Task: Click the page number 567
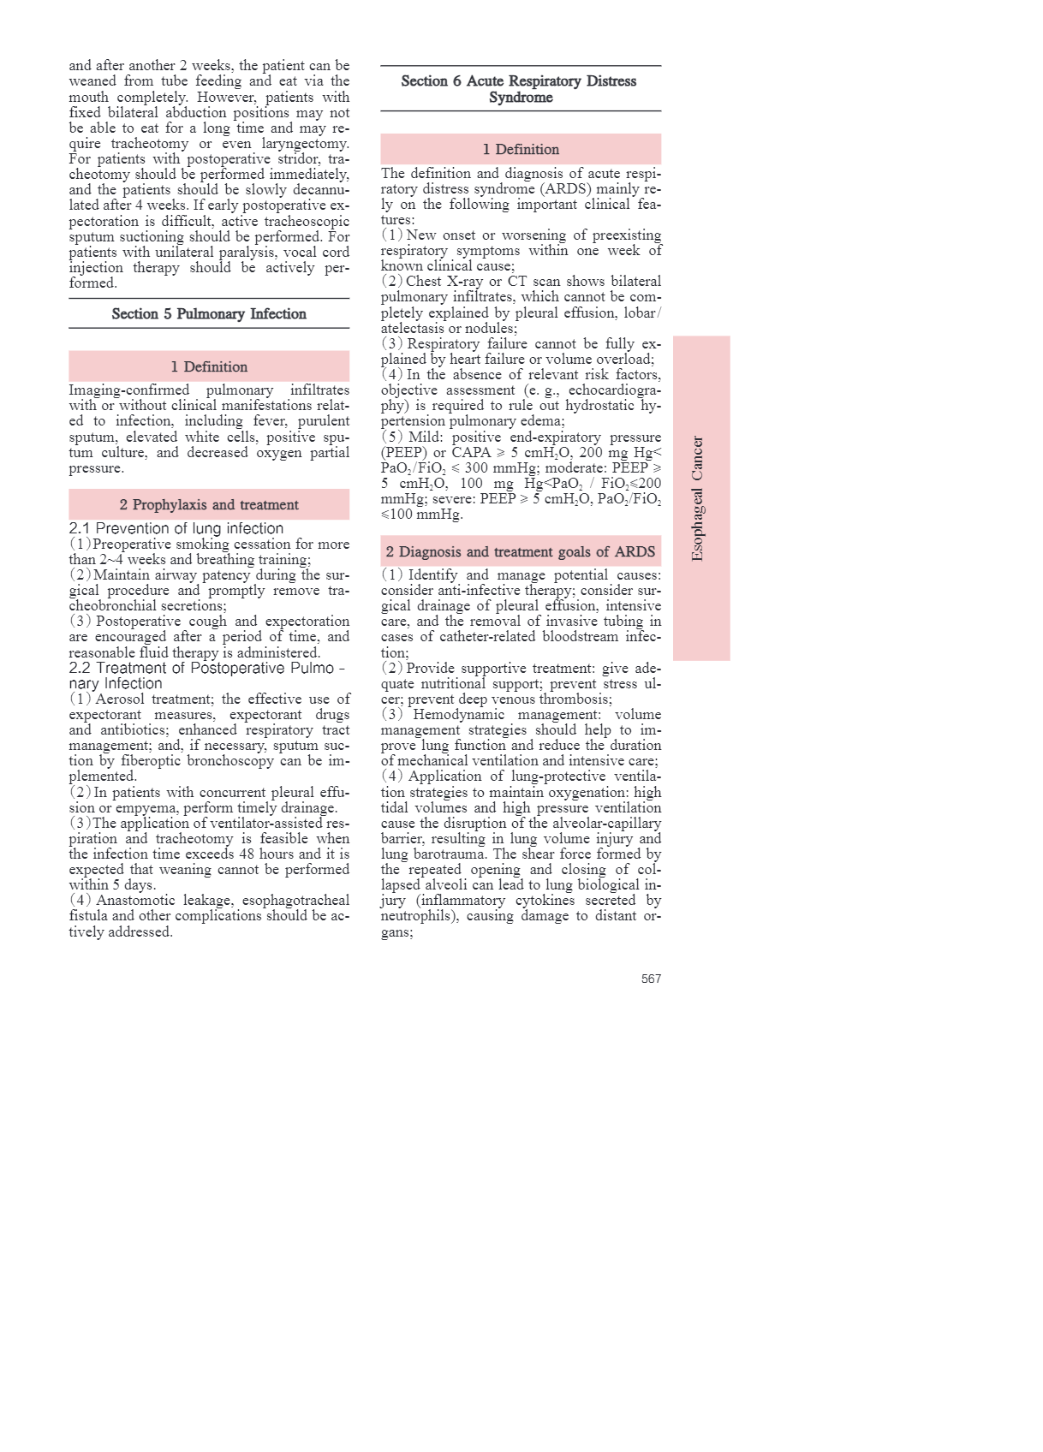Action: [x=651, y=979]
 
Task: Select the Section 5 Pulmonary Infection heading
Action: [x=209, y=314]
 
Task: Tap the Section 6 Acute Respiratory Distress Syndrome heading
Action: [x=519, y=89]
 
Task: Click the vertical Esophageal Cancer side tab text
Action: [x=698, y=498]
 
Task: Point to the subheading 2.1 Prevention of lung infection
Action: [x=176, y=528]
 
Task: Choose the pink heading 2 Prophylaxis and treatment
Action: [x=209, y=504]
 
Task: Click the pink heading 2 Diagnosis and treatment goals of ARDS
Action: [x=520, y=551]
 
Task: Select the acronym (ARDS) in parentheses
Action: [x=563, y=188]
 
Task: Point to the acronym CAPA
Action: [x=471, y=452]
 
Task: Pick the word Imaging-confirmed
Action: [x=128, y=390]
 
